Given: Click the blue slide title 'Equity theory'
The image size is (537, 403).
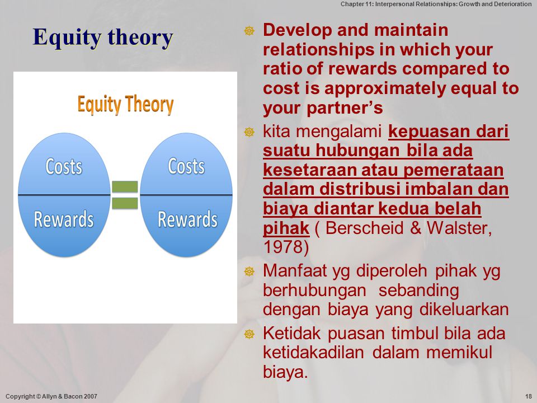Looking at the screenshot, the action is pos(103,38).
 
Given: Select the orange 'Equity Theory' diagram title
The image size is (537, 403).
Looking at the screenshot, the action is pos(125,105).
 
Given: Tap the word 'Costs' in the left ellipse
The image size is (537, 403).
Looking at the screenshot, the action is pos(64,167).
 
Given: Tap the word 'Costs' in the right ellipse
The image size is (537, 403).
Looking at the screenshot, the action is pos(186,167).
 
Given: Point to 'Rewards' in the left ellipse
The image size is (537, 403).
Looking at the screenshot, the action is pos(64,219).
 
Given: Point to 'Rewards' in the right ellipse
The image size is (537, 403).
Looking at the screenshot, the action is pos(188,219).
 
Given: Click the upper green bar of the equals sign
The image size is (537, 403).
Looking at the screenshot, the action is pos(125,187).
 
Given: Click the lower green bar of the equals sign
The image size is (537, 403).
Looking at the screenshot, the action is pos(125,203).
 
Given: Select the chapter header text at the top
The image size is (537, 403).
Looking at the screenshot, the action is pos(436,4).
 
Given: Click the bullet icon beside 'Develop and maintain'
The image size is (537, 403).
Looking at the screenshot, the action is pos(249,31).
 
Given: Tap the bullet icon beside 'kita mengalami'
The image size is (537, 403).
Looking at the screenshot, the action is pos(249,132).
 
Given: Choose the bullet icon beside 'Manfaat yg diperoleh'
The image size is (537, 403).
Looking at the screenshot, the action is pos(249,271).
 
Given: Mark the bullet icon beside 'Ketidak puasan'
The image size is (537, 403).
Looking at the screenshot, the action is pos(249,334).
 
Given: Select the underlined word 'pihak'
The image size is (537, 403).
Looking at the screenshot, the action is pos(286,228).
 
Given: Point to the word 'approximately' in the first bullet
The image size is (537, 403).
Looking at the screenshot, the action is pos(385,88).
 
